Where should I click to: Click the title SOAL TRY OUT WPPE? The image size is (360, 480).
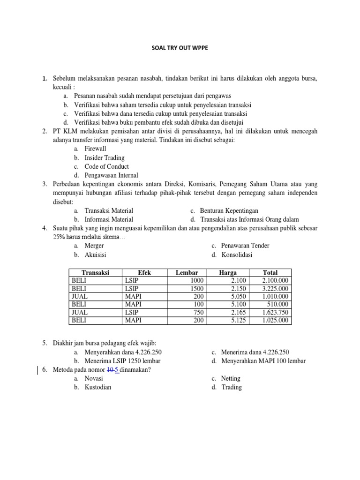180,47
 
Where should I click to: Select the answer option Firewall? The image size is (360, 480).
95,149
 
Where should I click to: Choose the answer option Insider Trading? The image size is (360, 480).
104,157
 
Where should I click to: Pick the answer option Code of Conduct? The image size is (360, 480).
106,166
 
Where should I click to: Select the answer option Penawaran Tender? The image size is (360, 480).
240,246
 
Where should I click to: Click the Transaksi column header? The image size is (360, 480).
95,272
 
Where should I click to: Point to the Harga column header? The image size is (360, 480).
228,272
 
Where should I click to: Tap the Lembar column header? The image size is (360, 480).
187,272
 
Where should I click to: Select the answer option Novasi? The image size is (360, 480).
94,378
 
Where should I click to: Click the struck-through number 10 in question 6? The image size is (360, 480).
110,370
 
